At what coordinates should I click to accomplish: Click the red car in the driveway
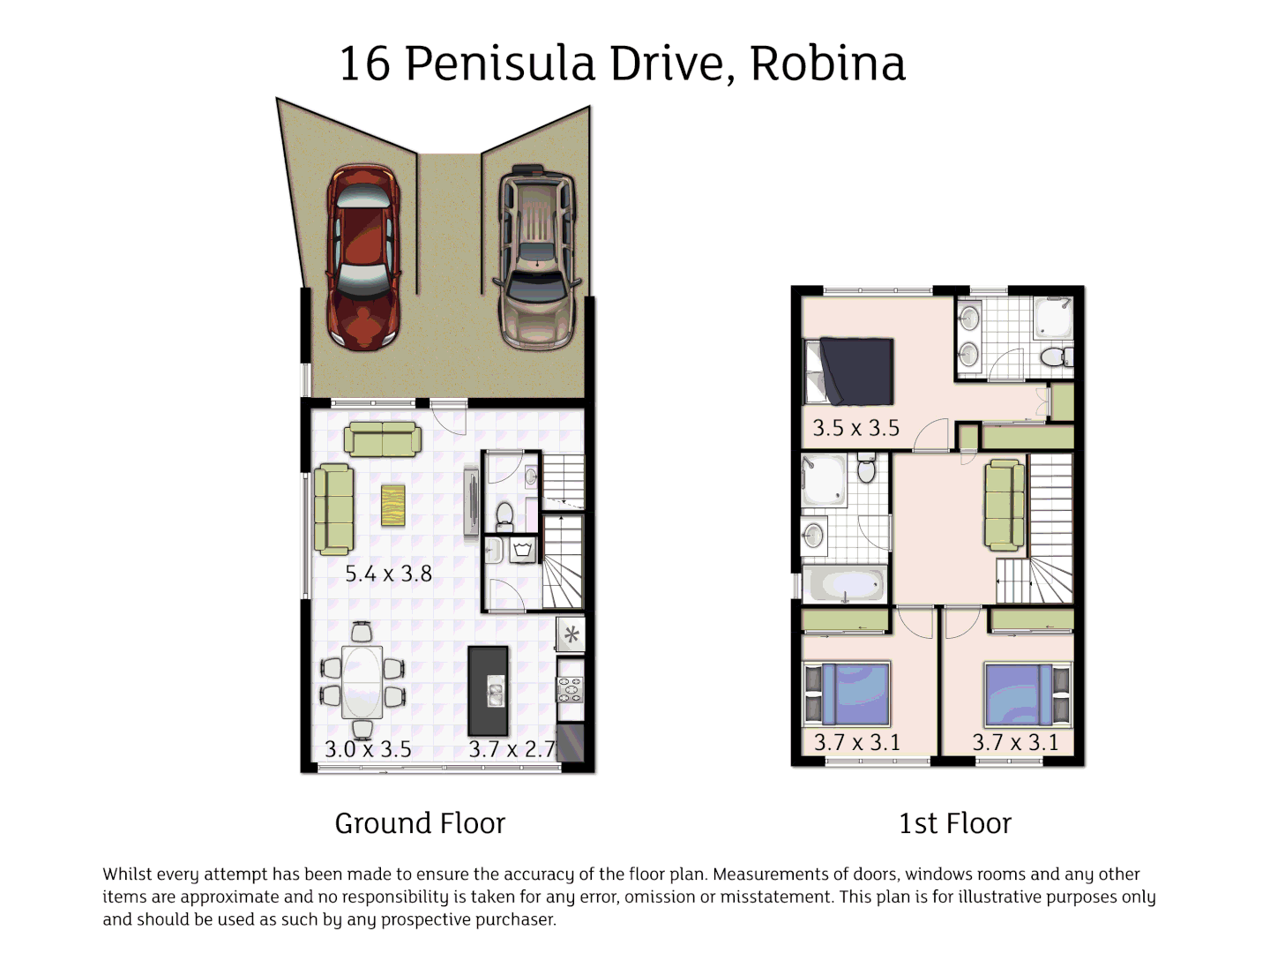click(x=363, y=257)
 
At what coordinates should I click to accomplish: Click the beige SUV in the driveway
click(x=537, y=257)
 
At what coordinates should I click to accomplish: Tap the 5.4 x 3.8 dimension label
click(x=388, y=574)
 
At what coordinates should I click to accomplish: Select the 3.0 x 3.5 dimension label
click(x=368, y=749)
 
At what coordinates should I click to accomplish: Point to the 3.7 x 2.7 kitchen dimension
click(x=512, y=749)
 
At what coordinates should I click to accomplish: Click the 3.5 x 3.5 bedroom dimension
click(x=855, y=428)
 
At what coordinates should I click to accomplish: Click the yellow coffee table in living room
click(x=392, y=506)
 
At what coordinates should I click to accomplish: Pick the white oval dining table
click(x=362, y=681)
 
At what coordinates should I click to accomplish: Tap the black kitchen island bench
click(x=488, y=691)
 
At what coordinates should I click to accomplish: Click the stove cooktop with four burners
click(x=571, y=689)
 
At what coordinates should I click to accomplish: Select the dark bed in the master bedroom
click(x=855, y=371)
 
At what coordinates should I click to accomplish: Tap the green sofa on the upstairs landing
click(x=1004, y=506)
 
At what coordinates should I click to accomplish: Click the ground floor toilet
click(x=505, y=514)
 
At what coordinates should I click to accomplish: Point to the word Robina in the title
click(x=827, y=64)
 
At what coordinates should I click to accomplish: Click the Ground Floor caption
click(x=420, y=823)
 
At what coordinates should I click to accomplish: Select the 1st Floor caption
click(x=954, y=823)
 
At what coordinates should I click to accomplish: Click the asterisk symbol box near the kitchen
click(x=571, y=634)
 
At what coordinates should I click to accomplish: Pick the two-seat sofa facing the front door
click(x=382, y=439)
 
